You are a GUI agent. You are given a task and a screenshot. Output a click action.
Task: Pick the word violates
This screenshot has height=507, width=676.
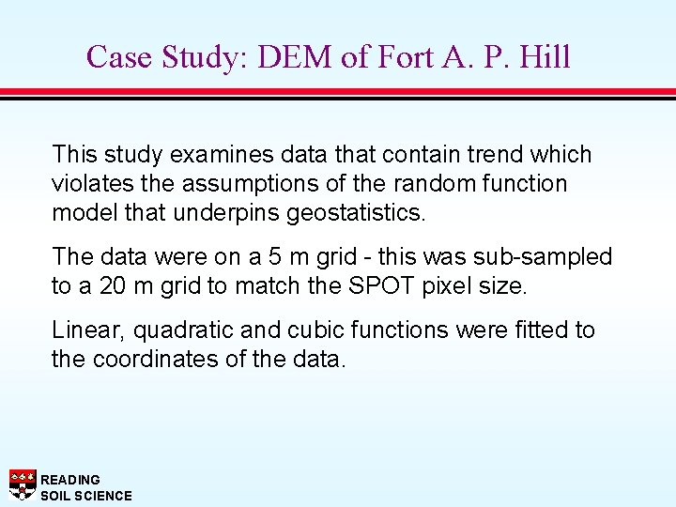pos(91,183)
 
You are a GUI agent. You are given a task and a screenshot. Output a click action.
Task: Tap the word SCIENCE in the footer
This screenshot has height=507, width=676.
pos(103,496)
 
